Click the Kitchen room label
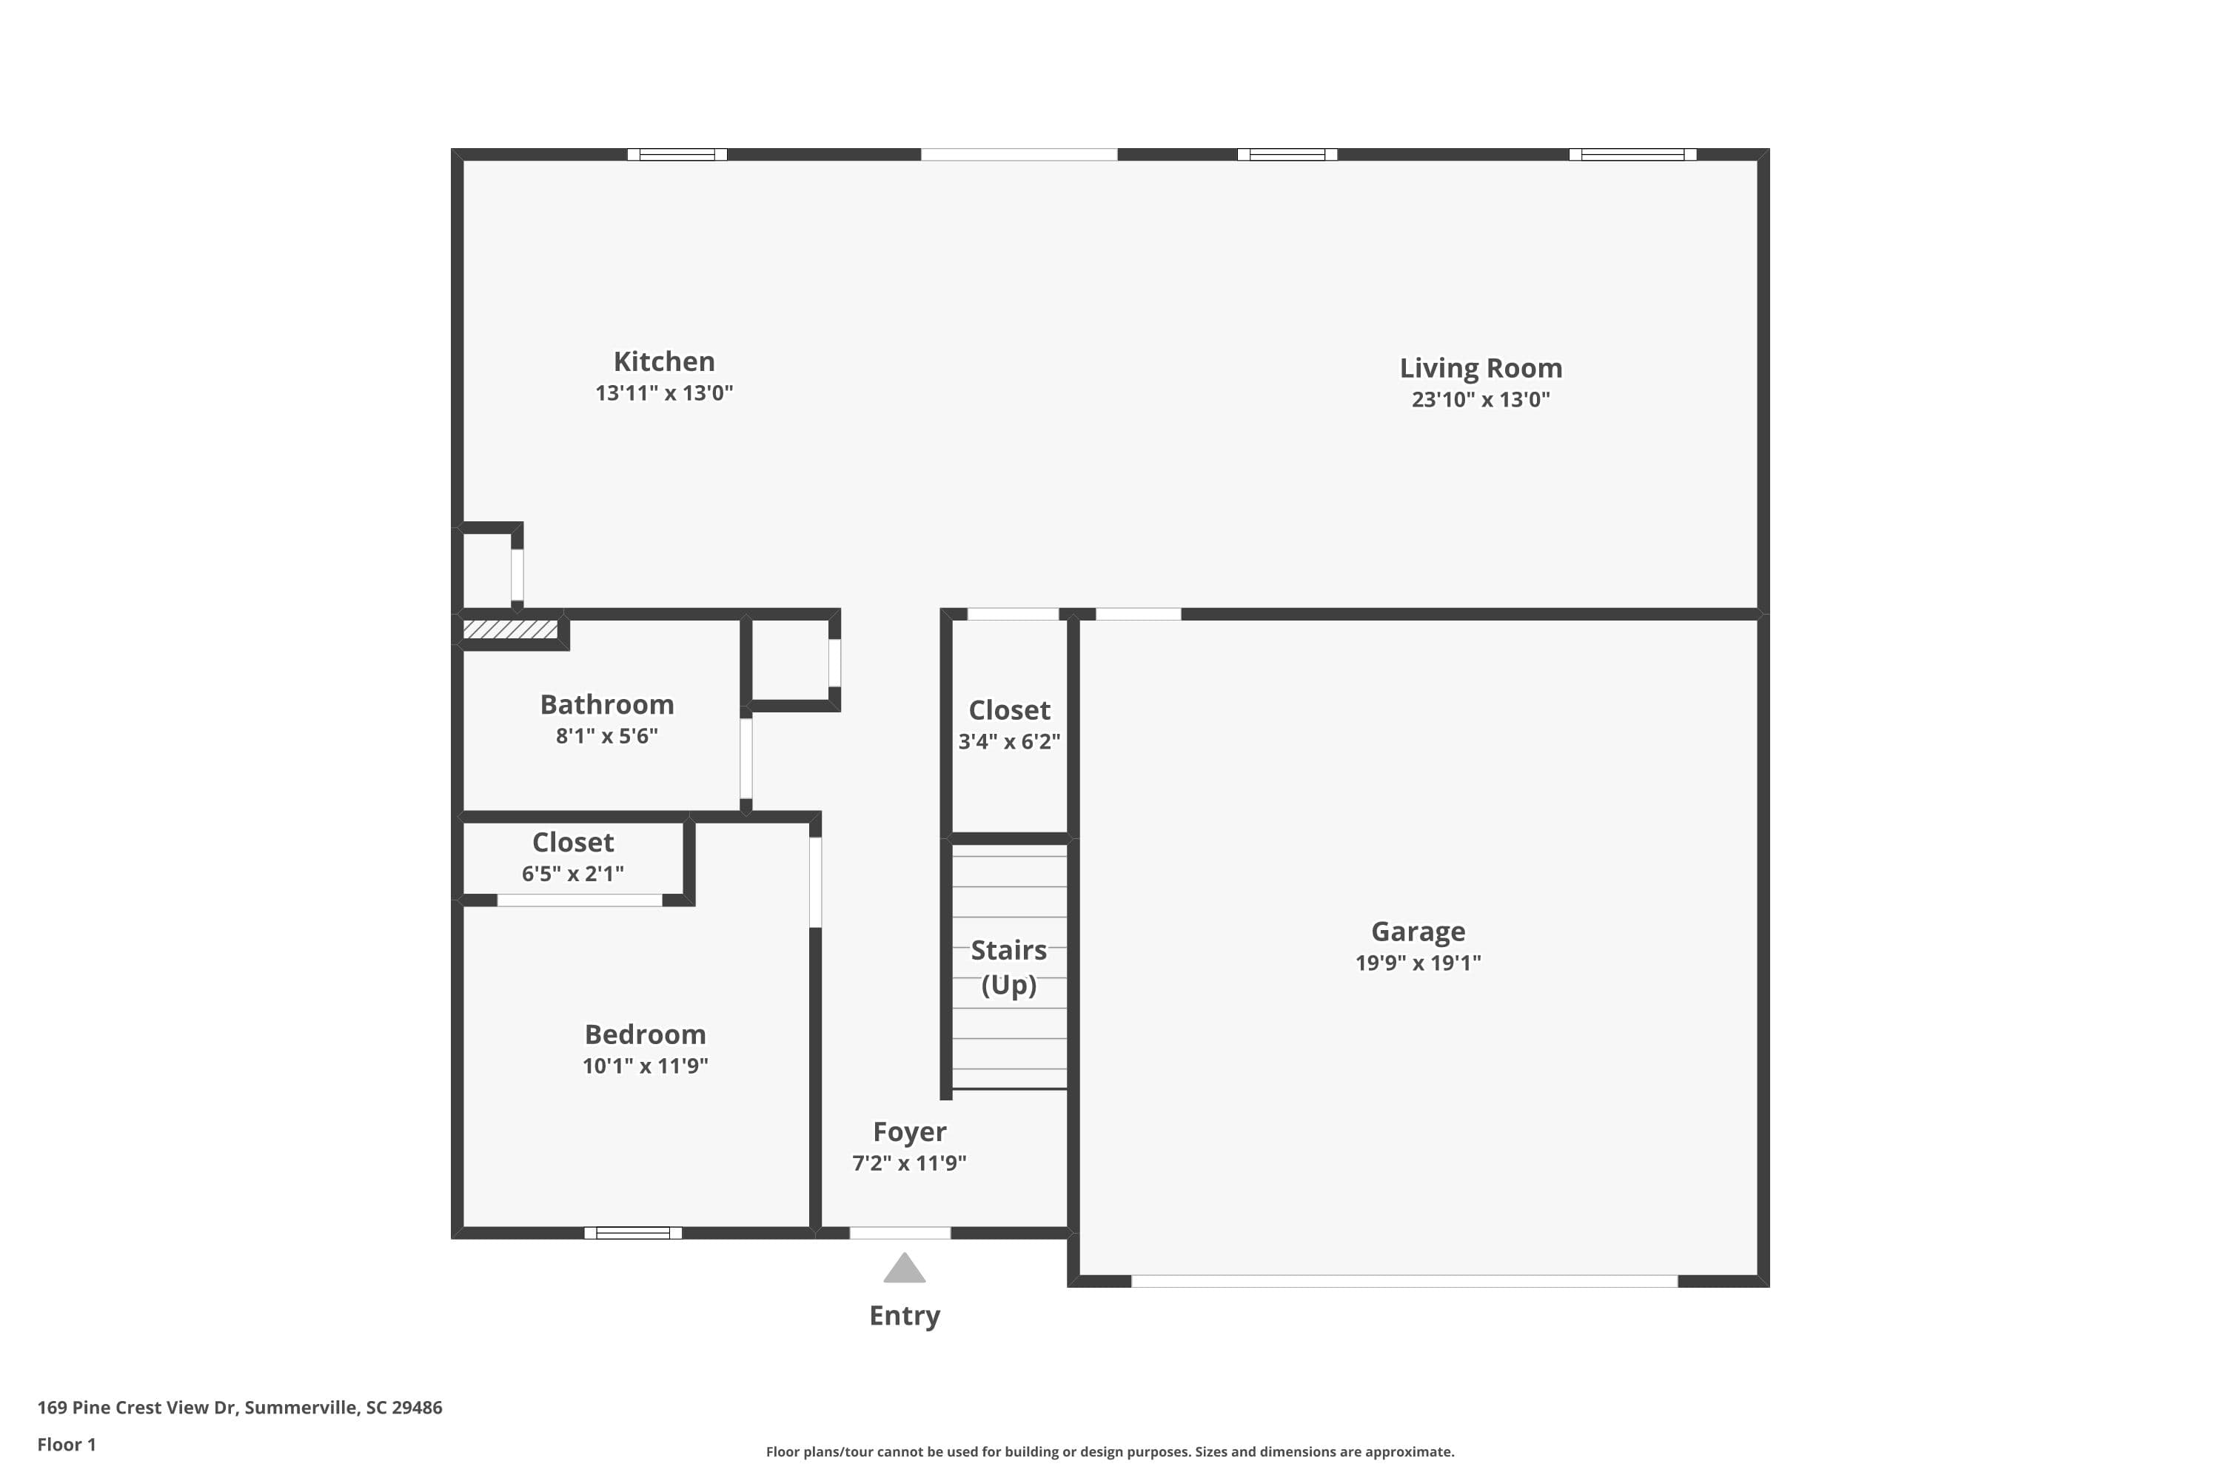pos(664,362)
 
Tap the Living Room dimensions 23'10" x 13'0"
pos(1480,400)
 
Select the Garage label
pos(1418,932)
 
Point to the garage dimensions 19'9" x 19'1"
pos(1418,963)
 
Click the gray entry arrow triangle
pos(904,1269)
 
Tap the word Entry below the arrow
pos(904,1316)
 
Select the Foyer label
pos(908,1131)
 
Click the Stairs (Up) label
pos(1008,967)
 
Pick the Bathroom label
pos(606,705)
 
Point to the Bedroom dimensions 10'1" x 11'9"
pos(645,1066)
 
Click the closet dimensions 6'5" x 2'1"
pos(572,874)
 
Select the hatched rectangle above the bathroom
pos(510,629)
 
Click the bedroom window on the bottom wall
pos(633,1233)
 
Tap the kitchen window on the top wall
pos(677,155)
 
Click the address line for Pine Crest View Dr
pos(240,1408)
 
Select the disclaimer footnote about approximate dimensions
pos(1110,1451)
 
